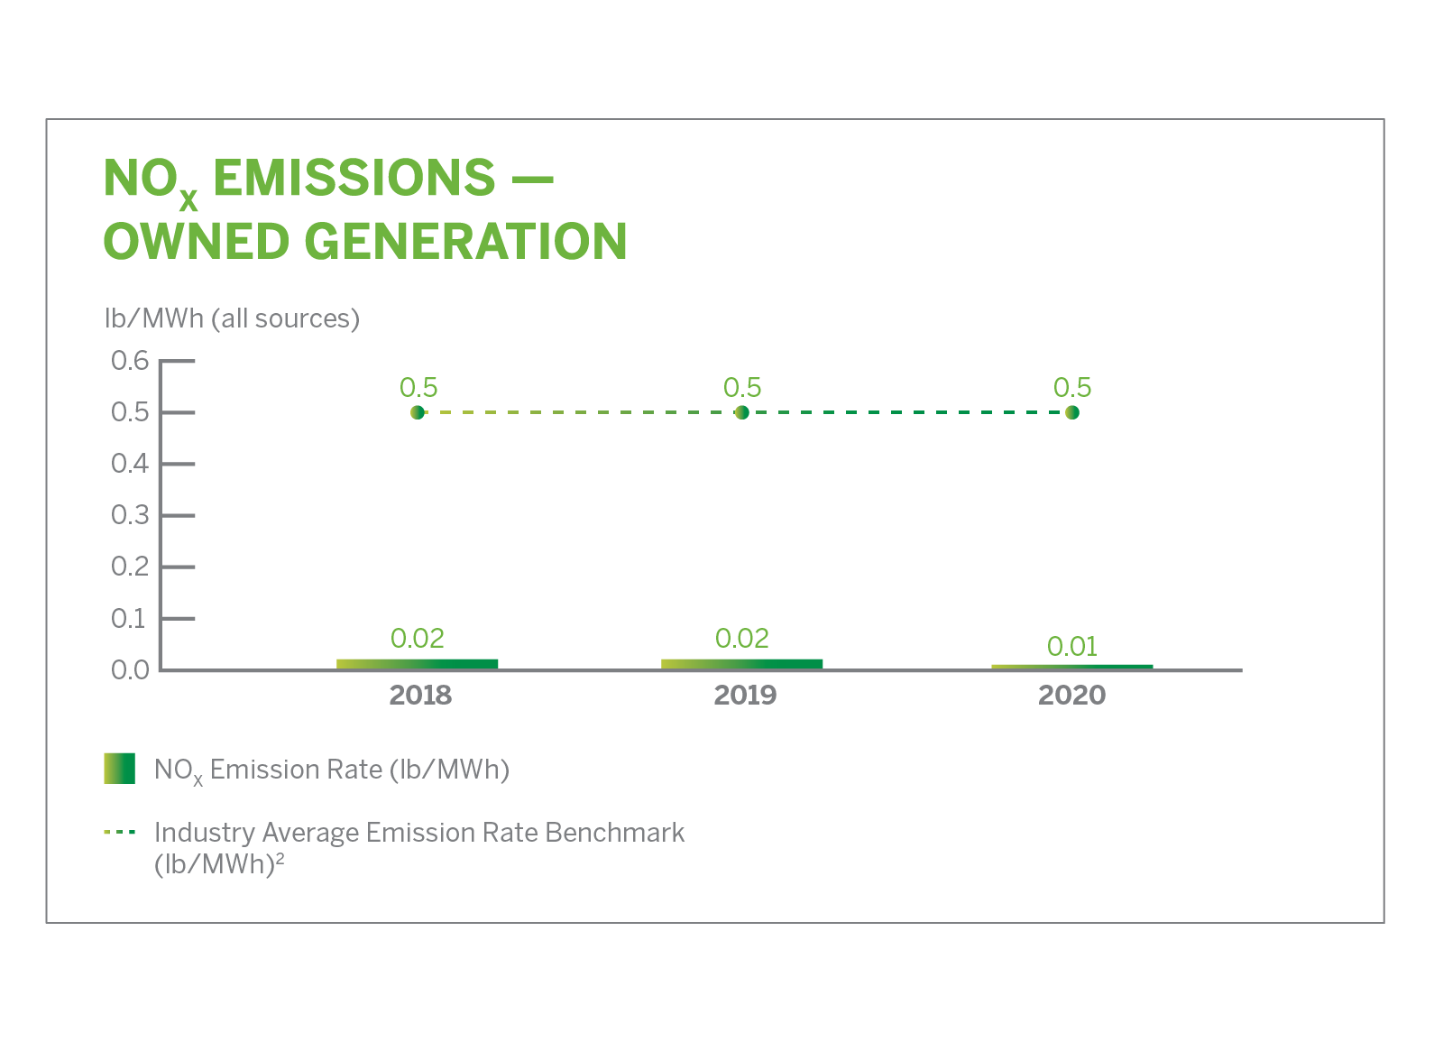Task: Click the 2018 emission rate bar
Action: [x=418, y=663]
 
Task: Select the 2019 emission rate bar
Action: [x=742, y=663]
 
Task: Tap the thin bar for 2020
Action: [x=1072, y=667]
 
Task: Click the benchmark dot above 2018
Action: [x=418, y=412]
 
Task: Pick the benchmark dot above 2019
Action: [x=742, y=412]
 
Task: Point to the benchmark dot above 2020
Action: [x=1072, y=412]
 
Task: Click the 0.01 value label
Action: [x=1072, y=646]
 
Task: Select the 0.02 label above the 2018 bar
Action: [x=418, y=638]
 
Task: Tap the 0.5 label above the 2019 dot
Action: [x=742, y=387]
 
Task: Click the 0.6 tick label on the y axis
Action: [x=130, y=361]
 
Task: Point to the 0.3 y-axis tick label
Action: [x=130, y=515]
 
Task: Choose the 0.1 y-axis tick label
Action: [x=129, y=619]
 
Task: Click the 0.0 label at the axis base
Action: [x=130, y=670]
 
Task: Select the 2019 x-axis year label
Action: [x=745, y=695]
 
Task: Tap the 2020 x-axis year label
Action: [x=1071, y=695]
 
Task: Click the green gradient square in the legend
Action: [x=120, y=769]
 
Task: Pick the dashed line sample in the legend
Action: [x=120, y=832]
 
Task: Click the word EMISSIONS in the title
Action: [x=354, y=177]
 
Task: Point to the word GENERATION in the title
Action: [x=465, y=241]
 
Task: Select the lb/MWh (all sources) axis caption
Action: [x=232, y=318]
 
